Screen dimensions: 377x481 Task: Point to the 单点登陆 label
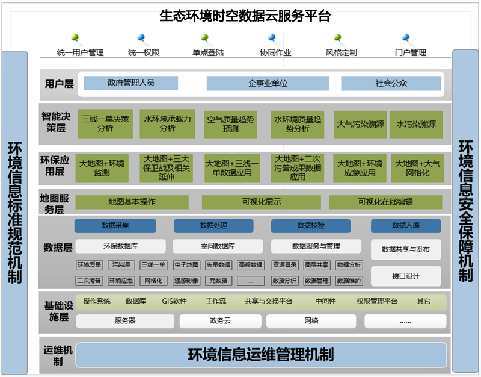pyautogui.click(x=208, y=52)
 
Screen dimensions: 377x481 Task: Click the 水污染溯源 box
pyautogui.click(x=416, y=124)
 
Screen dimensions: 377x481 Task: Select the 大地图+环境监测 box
pyautogui.click(x=102, y=168)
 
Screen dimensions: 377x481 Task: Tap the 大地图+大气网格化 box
pyautogui.click(x=416, y=168)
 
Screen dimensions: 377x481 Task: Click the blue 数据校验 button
pyautogui.click(x=311, y=226)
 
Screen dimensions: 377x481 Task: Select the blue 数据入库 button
pyautogui.click(x=406, y=226)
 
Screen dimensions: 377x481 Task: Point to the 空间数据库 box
pyautogui.click(x=218, y=246)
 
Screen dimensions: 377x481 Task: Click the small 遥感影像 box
pyautogui.click(x=186, y=281)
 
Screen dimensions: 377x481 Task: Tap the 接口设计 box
pyautogui.click(x=406, y=276)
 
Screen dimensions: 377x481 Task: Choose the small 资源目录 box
pyautogui.click(x=284, y=265)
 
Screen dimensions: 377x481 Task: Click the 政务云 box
pyautogui.click(x=221, y=321)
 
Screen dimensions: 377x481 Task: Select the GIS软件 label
pyautogui.click(x=174, y=301)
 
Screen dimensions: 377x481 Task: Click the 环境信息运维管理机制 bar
pyautogui.click(x=261, y=355)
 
